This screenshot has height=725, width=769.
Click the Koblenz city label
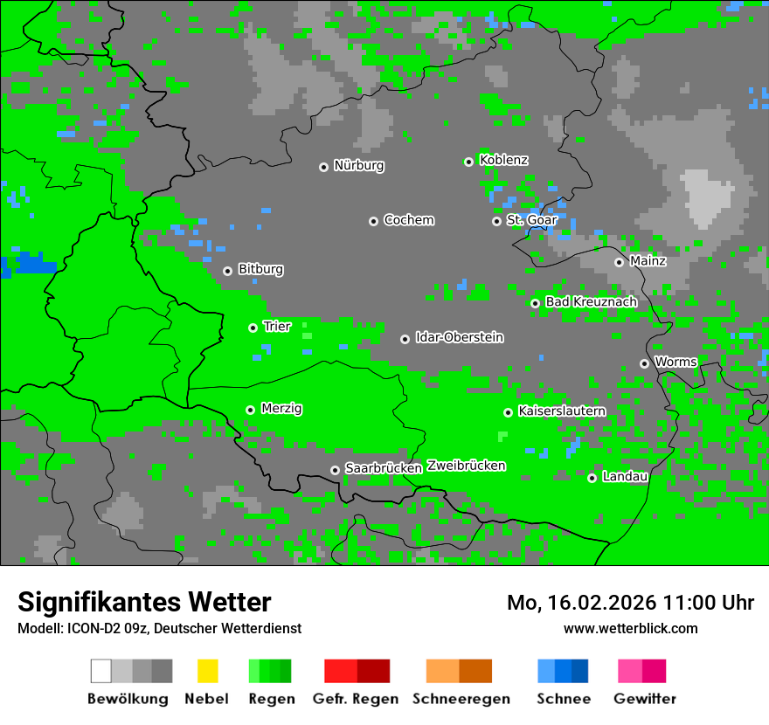(x=503, y=160)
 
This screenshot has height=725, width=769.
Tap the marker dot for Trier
(x=253, y=328)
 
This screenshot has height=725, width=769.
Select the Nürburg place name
(x=358, y=165)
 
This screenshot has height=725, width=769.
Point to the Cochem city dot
(x=373, y=221)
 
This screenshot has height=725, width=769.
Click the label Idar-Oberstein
(x=459, y=337)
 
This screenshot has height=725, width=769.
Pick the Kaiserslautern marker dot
(x=508, y=412)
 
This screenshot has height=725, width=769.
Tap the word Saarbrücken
(x=383, y=468)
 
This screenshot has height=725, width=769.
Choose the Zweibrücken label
(x=466, y=466)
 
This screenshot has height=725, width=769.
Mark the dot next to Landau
(x=592, y=478)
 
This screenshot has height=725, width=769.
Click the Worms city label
(x=675, y=362)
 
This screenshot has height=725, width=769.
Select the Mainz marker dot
(x=619, y=262)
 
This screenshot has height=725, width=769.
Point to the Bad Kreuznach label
(x=591, y=301)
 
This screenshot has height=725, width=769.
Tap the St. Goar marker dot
(x=496, y=221)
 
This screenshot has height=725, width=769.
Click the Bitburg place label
(x=260, y=269)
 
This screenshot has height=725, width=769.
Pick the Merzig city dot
(x=250, y=410)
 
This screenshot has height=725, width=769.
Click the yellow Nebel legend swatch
(x=207, y=671)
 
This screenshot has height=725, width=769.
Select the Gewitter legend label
(x=644, y=699)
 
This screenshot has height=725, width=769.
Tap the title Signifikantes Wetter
(x=144, y=602)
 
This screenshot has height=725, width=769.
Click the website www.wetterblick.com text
(x=630, y=628)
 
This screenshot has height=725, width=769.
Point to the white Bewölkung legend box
(x=101, y=671)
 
